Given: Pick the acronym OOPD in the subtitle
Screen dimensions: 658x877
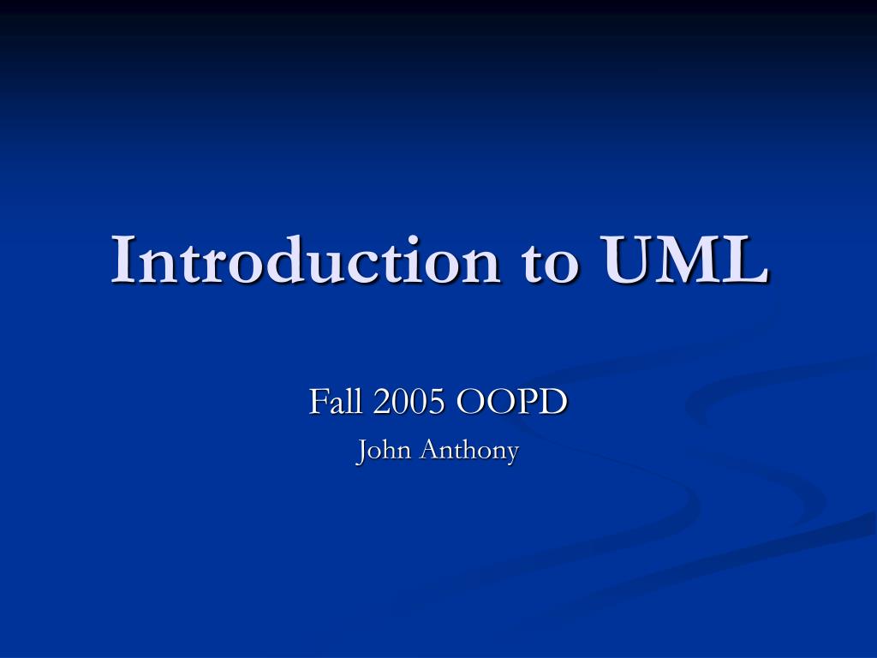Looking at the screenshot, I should tap(511, 401).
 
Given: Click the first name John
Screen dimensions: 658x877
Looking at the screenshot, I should tap(383, 450).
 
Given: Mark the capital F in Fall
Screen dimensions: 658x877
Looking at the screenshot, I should tap(317, 401).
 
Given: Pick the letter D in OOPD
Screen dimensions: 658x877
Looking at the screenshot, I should tap(554, 401).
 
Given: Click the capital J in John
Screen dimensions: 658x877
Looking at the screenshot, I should tap(362, 451).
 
